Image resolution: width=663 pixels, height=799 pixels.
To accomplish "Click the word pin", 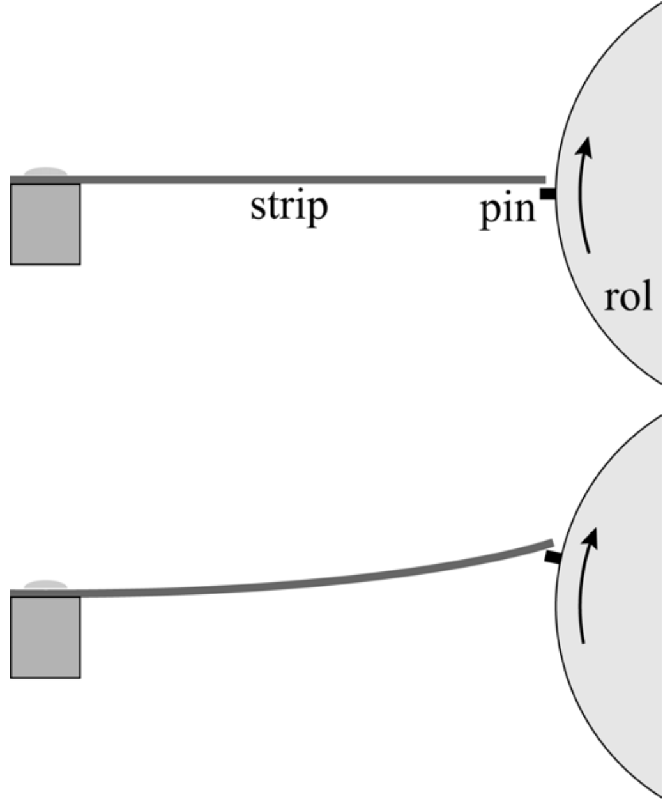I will pos(508,209).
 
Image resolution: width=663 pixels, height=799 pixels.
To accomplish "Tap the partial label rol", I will pos(629,297).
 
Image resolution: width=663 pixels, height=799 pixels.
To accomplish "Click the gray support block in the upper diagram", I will pos(45,224).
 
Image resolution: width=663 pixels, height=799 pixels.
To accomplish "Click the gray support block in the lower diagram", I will pos(45,637).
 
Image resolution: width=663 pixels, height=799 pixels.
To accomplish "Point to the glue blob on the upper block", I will pos(45,171).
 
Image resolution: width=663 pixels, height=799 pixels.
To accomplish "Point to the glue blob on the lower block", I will pos(45,585).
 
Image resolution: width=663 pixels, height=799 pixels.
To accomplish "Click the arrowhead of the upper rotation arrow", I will pos(584,149).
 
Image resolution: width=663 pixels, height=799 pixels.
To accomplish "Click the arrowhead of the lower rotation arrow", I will pos(594,538).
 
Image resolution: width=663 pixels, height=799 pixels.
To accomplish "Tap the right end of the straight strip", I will pos(542,180).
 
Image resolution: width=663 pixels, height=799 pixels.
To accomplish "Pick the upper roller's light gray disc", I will pos(613,243).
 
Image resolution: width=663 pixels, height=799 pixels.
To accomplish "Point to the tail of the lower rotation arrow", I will pos(583,640).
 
